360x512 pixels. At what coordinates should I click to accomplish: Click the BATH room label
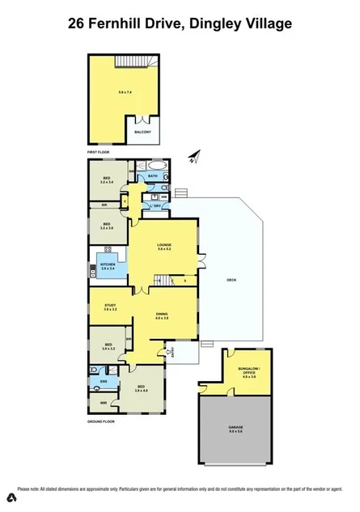[x=153, y=176]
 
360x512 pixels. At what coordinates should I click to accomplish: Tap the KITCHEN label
[x=108, y=264]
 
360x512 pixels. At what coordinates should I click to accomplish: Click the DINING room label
[x=162, y=315]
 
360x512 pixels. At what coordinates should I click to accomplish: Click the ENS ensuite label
[x=104, y=380]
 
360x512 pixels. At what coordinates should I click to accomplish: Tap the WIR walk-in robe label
[x=103, y=402]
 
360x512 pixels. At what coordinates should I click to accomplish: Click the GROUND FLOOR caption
[x=102, y=421]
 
